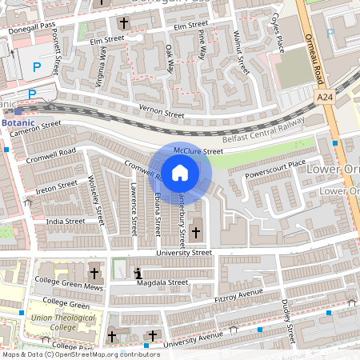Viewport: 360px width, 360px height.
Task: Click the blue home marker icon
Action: (180, 172)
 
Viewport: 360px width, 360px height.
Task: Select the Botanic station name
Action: (18, 124)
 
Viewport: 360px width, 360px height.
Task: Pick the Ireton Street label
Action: (57, 186)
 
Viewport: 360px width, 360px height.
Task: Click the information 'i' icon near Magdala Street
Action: (138, 274)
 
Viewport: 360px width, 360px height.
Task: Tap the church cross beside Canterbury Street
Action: (197, 233)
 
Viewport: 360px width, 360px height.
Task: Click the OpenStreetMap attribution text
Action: (81, 354)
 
